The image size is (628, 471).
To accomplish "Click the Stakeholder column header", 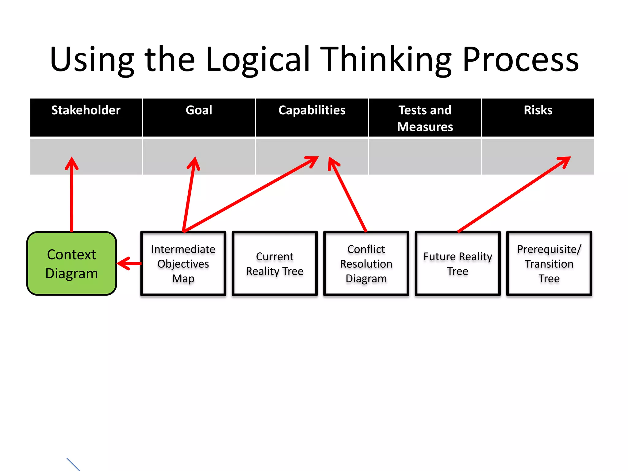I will click(86, 117).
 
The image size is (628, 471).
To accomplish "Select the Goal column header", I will click(199, 117).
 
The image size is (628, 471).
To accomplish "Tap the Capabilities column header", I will click(312, 117).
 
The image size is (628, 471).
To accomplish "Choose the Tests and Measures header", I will click(425, 118).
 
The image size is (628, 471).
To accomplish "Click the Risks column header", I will click(538, 117).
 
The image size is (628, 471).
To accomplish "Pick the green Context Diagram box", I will click(72, 264).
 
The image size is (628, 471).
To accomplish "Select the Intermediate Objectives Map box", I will click(183, 264).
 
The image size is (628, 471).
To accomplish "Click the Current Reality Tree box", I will click(274, 264).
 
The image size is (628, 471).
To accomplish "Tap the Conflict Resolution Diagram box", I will click(366, 264).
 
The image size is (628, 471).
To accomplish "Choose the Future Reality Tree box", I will click(458, 264).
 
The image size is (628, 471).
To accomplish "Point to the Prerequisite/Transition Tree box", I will click(549, 264).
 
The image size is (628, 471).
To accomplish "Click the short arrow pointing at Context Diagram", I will click(129, 263).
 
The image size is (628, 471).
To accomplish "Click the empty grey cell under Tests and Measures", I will click(425, 157).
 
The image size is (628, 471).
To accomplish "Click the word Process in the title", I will click(520, 59).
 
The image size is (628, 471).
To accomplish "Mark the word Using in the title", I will click(92, 59).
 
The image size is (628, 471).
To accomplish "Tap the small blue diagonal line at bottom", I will click(73, 464).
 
